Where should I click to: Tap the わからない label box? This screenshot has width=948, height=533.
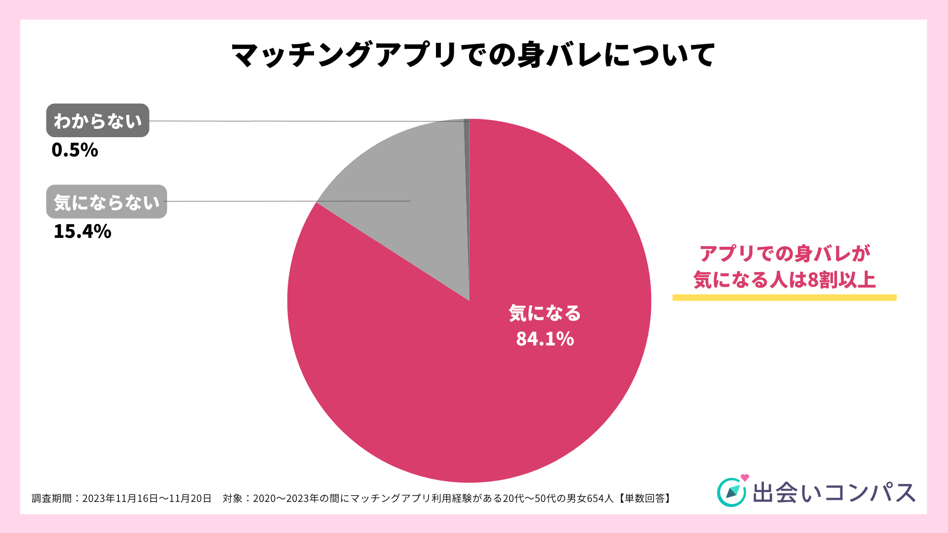coord(98,120)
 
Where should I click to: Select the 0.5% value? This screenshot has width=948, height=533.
coord(75,150)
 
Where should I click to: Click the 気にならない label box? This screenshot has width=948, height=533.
coord(107,202)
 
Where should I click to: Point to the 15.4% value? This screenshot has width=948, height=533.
coord(82,231)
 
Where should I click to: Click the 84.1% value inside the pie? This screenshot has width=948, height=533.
coord(545,339)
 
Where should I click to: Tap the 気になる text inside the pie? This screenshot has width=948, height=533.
coord(545,313)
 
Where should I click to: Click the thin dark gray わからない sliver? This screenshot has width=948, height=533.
coord(467,148)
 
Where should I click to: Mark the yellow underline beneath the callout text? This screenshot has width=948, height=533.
coord(784,298)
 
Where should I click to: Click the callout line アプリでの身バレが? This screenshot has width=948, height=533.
coord(784,254)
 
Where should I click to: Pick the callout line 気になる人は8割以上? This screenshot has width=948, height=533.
coord(784,280)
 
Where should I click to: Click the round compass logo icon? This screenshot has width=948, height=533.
coord(731,493)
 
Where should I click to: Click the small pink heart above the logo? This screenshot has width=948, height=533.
coord(745,478)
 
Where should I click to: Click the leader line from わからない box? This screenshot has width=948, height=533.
coord(306,121)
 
